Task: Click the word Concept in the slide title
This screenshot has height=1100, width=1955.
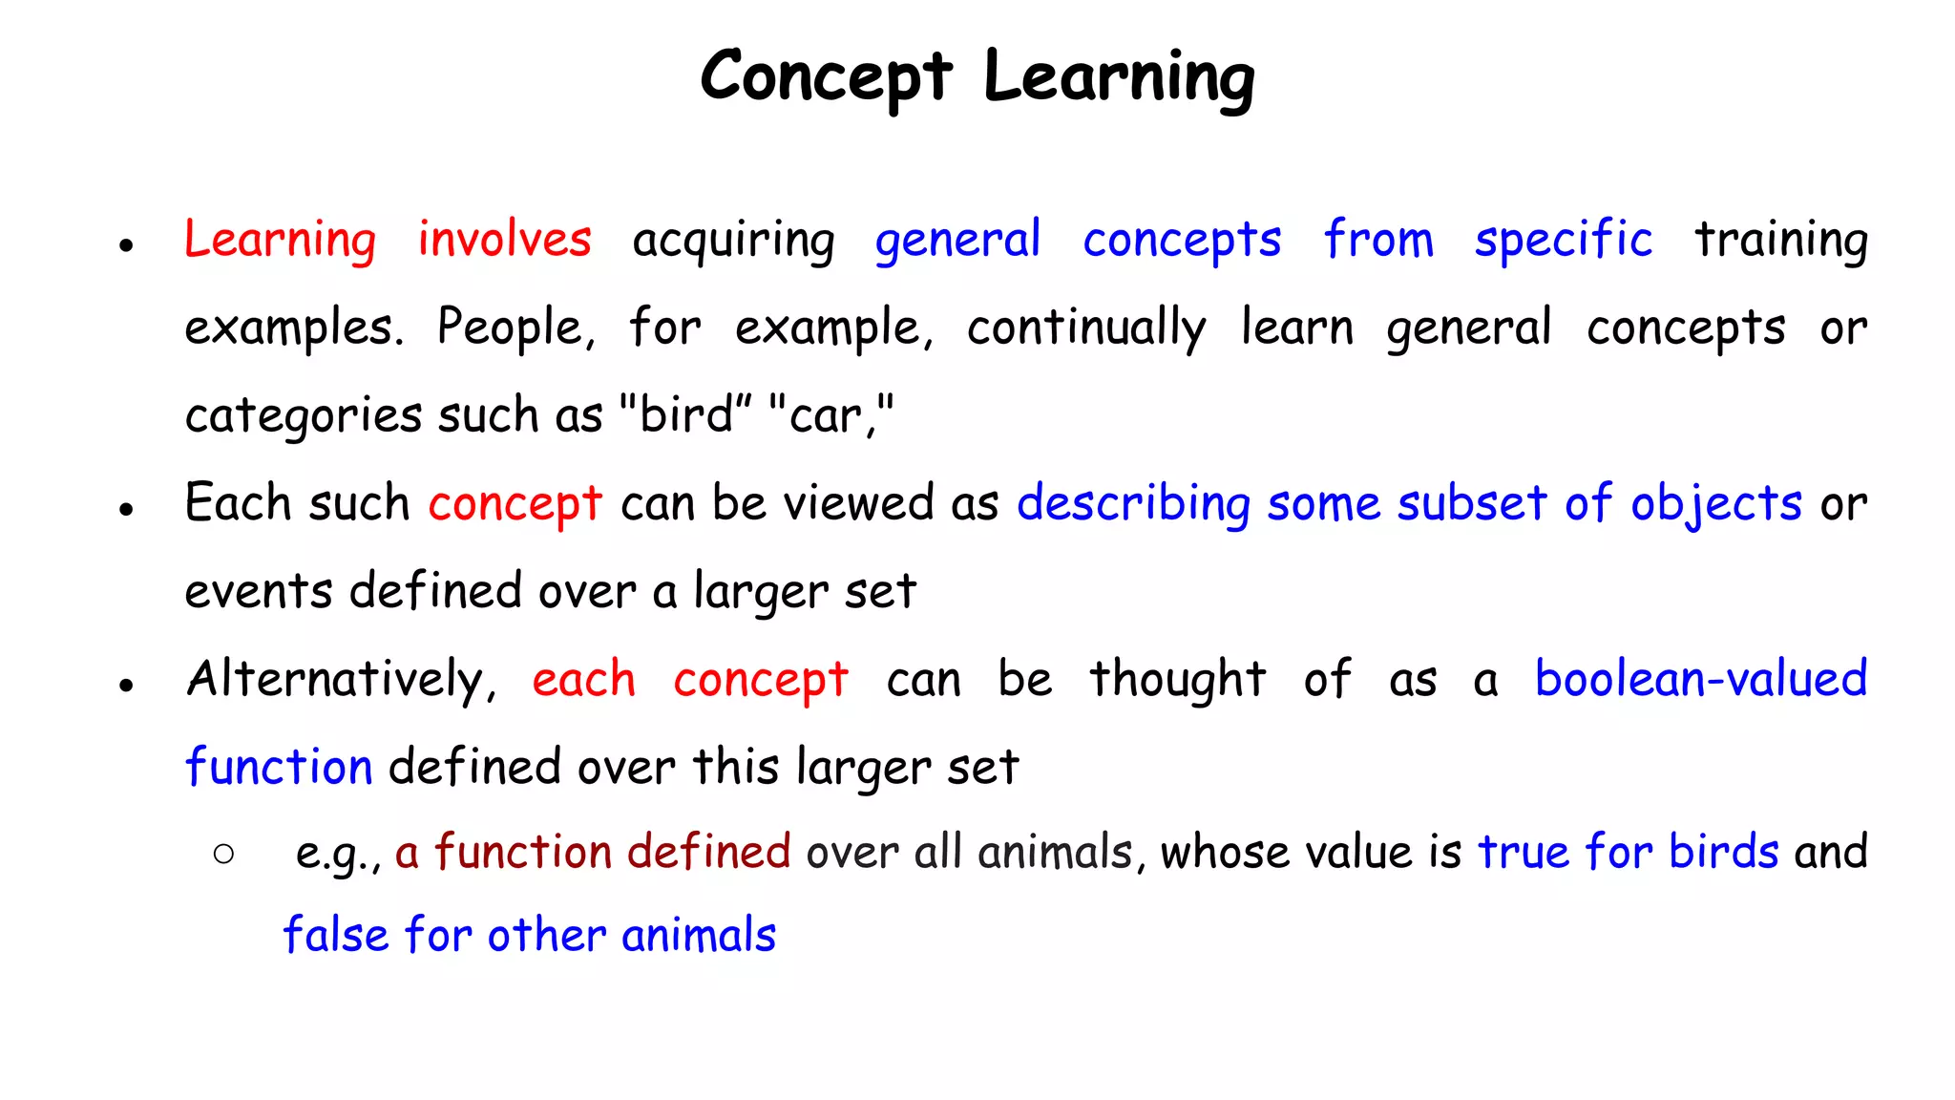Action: click(826, 76)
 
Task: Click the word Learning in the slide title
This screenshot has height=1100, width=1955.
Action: click(1119, 76)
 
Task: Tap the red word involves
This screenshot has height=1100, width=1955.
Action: click(504, 239)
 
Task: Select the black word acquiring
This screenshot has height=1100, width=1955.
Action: click(733, 241)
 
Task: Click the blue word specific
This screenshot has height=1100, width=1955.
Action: click(1563, 241)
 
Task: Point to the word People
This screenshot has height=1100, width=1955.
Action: click(515, 328)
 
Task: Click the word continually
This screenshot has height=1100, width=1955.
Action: click(1086, 328)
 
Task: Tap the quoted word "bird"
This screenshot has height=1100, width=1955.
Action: click(685, 415)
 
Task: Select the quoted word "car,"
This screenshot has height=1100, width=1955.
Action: click(830, 415)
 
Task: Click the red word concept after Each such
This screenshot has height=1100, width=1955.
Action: click(515, 504)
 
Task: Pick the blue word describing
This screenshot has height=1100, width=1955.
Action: click(1133, 504)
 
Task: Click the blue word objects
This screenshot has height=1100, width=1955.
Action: click(1715, 504)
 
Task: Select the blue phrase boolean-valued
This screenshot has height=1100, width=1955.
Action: click(1700, 680)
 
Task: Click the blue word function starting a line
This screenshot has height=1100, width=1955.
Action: click(279, 767)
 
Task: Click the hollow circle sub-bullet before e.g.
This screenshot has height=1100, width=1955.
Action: click(224, 854)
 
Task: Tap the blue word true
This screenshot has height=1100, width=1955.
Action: click(1524, 852)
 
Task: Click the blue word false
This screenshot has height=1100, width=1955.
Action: click(336, 935)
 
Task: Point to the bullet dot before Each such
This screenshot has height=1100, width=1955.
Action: click(126, 509)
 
